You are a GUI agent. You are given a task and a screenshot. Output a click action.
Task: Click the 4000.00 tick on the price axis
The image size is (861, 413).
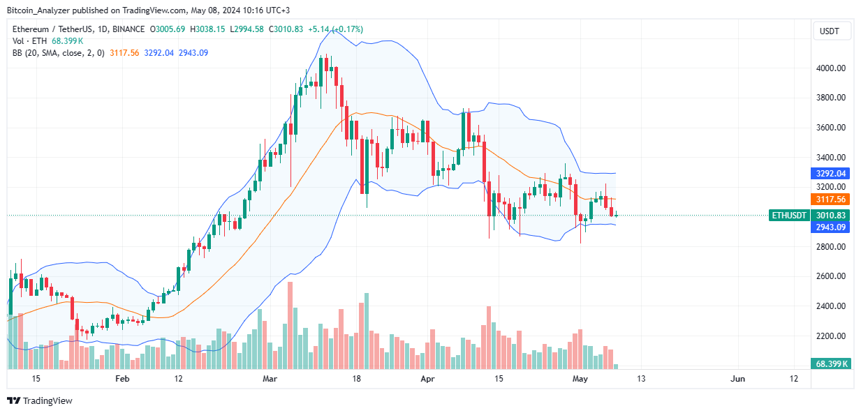point(831,68)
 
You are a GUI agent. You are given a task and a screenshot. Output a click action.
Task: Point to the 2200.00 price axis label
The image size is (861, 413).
point(831,336)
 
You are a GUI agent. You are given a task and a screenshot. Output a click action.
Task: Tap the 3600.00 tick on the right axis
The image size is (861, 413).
point(831,128)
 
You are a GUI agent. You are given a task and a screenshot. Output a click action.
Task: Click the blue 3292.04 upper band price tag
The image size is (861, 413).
point(831,173)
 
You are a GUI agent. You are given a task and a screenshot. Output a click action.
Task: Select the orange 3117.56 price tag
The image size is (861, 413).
point(831,199)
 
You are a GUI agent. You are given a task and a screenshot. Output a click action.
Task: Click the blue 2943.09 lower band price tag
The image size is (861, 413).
point(831,227)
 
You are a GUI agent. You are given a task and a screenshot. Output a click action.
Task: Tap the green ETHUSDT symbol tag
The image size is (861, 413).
point(788,216)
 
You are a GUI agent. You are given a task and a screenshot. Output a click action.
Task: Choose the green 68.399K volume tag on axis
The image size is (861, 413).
point(831,364)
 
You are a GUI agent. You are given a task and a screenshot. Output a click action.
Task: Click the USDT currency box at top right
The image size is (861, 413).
point(830,31)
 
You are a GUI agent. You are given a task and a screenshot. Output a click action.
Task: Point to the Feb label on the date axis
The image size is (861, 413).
point(122,379)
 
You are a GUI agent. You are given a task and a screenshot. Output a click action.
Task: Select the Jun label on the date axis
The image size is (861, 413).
point(737,379)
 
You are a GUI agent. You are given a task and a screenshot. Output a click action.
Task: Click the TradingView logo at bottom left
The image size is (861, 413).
point(40,401)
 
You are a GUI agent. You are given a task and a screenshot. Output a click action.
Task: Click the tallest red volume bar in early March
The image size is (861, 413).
point(290,325)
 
